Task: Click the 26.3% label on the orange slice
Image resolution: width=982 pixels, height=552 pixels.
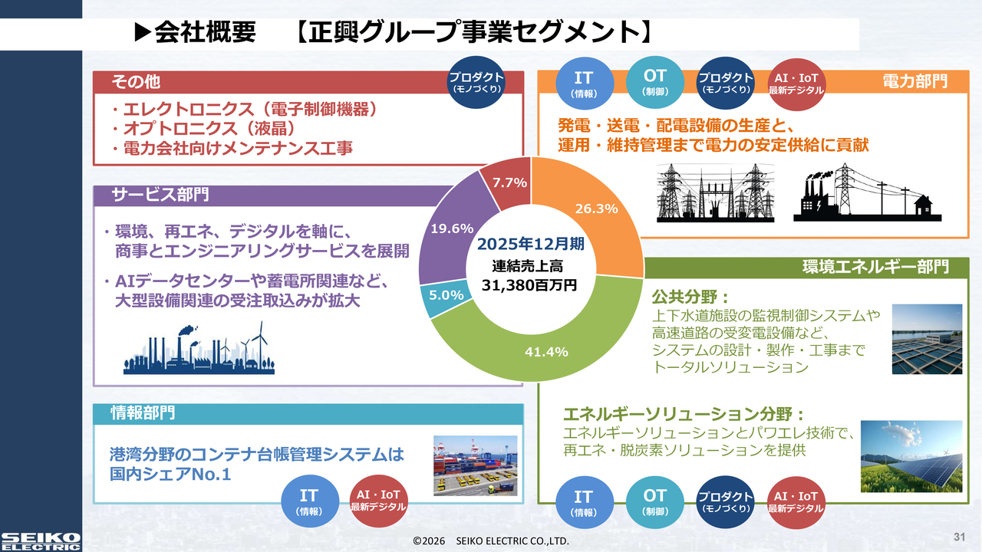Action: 596,209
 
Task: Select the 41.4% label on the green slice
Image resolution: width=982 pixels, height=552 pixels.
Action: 546,352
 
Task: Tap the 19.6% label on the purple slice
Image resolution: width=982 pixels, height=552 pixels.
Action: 452,228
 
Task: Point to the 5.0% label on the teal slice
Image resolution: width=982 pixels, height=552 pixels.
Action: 446,295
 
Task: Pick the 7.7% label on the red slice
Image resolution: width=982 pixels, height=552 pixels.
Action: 509,182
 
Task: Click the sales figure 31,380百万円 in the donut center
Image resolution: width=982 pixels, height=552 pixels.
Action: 529,285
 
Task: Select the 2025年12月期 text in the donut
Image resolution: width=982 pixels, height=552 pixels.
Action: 530,244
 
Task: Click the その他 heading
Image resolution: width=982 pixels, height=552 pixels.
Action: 136,81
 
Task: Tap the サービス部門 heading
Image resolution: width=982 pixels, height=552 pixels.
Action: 160,194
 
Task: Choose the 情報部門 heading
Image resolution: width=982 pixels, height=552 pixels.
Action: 143,412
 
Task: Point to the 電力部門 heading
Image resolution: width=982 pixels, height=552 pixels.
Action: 915,81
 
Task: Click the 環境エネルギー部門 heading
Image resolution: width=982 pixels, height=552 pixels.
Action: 875,267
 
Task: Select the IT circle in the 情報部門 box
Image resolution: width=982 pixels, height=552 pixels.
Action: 309,501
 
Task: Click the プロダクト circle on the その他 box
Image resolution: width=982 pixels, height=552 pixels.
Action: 476,82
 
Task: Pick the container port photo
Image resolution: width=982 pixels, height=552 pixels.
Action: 475,465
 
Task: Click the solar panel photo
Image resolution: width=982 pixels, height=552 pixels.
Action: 911,456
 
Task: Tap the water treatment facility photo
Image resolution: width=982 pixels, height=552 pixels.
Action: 927,339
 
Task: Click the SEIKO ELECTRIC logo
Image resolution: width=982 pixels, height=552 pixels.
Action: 41,541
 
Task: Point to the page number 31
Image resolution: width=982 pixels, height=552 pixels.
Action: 959,537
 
